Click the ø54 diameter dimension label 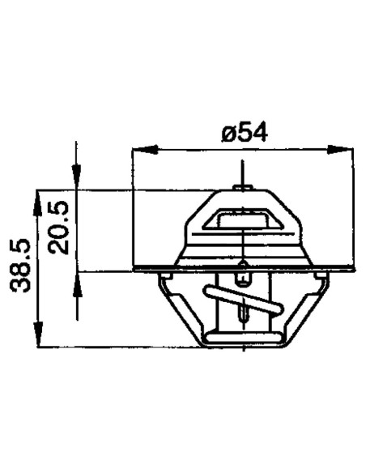click(x=245, y=132)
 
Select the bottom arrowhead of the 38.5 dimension click(x=38, y=339)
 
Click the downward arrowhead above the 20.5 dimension click(x=76, y=181)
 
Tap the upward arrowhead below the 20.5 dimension click(x=76, y=281)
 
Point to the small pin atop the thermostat click(x=243, y=188)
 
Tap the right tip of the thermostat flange click(x=352, y=268)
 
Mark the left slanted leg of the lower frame click(x=182, y=312)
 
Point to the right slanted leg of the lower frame click(x=303, y=312)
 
